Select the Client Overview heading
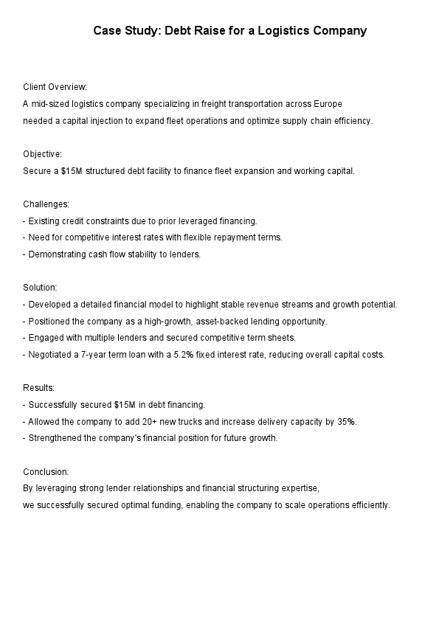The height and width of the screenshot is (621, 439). [55, 87]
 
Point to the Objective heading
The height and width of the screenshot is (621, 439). [43, 154]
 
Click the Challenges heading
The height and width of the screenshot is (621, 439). [46, 204]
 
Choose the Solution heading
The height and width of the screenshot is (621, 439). [40, 288]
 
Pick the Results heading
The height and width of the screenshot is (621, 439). [38, 388]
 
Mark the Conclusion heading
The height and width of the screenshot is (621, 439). [46, 471]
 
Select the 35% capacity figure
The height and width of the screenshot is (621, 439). [347, 421]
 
